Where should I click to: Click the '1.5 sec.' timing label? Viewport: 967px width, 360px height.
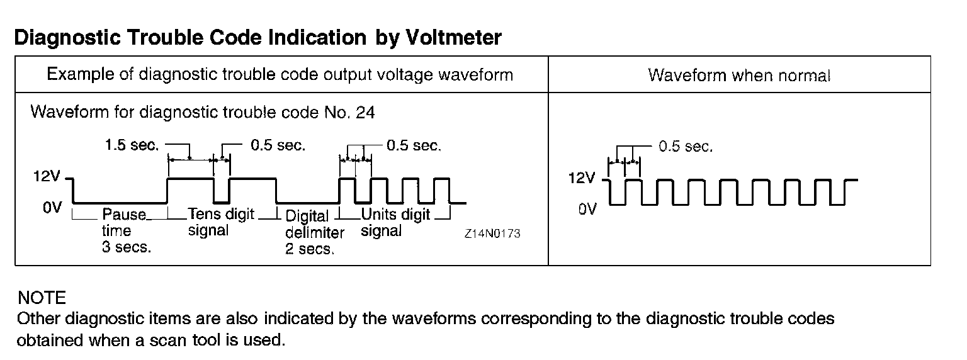(x=133, y=146)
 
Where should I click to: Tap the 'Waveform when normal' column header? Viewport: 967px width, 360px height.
(x=739, y=76)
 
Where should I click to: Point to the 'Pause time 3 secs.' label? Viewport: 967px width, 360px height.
(x=127, y=231)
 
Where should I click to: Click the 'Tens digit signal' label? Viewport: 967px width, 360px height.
(x=221, y=222)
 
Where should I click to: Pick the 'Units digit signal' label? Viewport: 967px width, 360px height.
(x=395, y=222)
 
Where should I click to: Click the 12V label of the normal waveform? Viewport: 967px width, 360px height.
(x=581, y=178)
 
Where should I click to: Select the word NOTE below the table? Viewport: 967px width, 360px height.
(x=42, y=298)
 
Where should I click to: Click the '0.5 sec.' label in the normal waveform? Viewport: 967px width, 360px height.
(x=686, y=147)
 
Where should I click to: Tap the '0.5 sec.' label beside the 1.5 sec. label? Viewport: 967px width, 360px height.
(x=278, y=146)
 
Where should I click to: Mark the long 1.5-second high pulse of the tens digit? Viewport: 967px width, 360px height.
(x=190, y=179)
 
